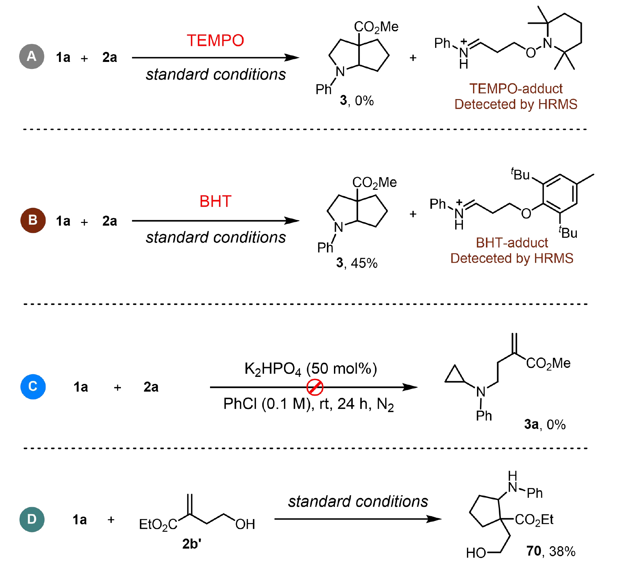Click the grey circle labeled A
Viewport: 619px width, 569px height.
tap(32, 56)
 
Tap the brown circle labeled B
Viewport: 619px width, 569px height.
tap(33, 220)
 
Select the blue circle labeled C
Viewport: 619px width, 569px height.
tap(33, 386)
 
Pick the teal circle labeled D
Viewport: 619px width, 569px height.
tap(32, 519)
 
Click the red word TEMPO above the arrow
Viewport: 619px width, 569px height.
tap(215, 40)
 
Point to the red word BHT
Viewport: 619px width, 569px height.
tap(215, 201)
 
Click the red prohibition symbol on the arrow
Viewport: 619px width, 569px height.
tap(315, 387)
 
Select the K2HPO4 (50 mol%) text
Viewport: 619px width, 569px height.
tap(311, 369)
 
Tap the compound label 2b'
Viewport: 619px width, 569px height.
tap(192, 544)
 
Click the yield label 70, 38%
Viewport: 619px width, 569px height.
tap(551, 551)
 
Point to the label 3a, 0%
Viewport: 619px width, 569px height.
tap(545, 424)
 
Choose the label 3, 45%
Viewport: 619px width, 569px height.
tap(356, 263)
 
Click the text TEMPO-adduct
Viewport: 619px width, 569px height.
tap(515, 89)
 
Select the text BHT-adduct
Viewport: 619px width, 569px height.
tap(511, 243)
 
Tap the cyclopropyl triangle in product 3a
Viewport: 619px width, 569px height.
tap(454, 376)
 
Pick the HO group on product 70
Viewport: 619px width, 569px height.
tap(476, 553)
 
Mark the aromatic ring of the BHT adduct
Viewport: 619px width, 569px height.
tap(560, 193)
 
